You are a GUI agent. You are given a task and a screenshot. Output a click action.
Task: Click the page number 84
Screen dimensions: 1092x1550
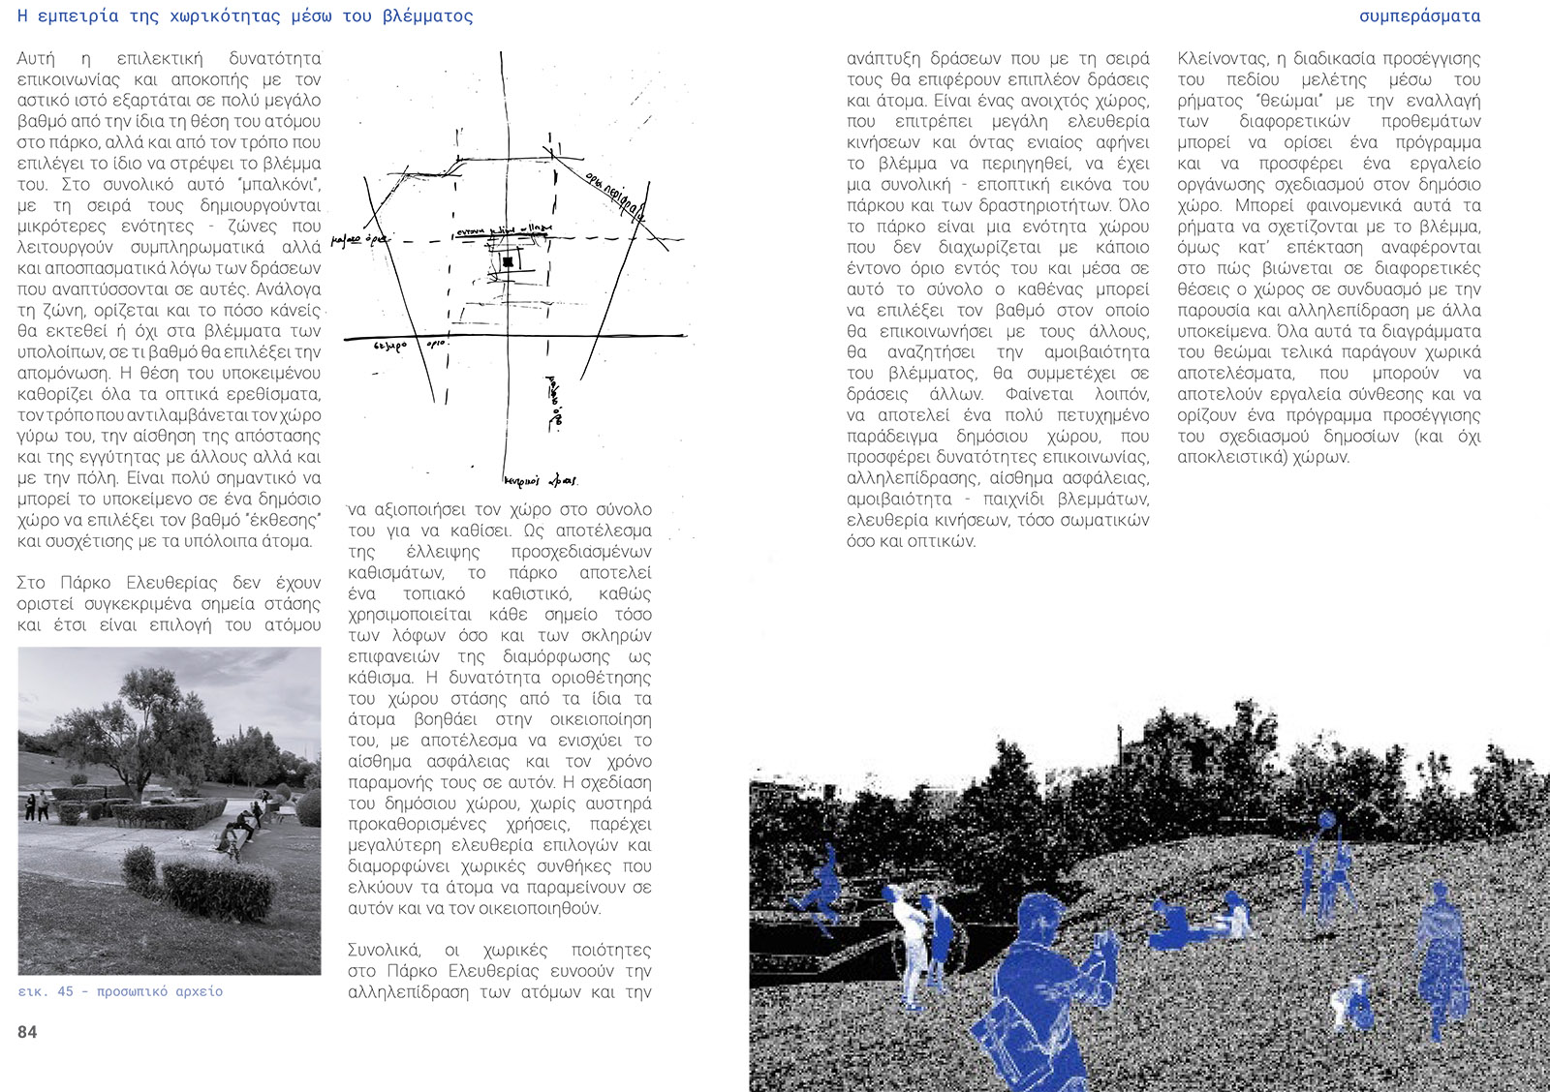(27, 1032)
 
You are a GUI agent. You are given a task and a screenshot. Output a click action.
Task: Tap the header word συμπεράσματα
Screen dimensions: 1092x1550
(1419, 16)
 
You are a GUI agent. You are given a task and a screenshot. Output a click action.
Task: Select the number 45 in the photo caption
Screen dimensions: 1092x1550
(65, 991)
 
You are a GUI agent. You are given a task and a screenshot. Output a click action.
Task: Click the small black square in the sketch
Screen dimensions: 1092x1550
(508, 261)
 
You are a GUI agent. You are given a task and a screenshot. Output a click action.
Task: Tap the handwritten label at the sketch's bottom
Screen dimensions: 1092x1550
(541, 480)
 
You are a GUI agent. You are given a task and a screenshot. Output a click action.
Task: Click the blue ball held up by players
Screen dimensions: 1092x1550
(1326, 821)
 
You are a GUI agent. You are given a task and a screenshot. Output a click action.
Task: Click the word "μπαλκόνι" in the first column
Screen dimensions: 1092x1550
(287, 184)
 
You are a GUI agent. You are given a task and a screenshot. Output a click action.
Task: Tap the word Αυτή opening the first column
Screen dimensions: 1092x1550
(36, 59)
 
